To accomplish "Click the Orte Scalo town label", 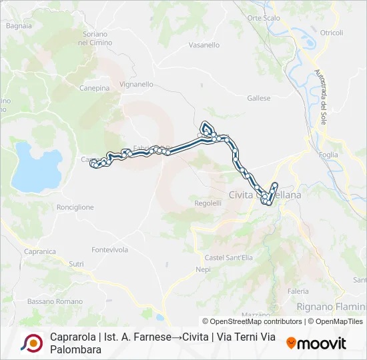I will click(264, 18).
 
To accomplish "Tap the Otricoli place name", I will click(332, 33).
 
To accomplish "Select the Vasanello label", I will click(204, 45).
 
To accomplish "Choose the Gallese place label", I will click(259, 98).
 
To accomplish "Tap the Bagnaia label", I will click(19, 26).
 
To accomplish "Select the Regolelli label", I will click(208, 203).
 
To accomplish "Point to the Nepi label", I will click(203, 269).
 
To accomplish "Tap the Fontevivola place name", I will click(110, 249).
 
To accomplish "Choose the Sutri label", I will click(77, 264).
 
